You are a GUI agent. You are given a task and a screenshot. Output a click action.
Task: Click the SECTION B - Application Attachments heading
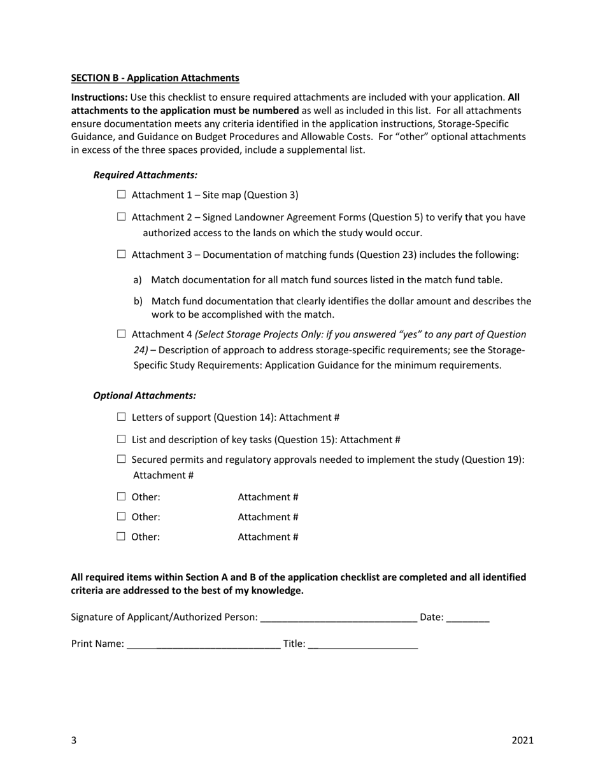click(x=155, y=78)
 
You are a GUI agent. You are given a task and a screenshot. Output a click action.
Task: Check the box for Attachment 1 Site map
click(x=122, y=195)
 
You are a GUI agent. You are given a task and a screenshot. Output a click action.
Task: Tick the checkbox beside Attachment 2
click(x=122, y=217)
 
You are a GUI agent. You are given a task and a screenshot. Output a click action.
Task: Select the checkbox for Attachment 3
click(x=122, y=255)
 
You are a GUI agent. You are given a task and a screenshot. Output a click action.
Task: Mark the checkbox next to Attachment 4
click(x=122, y=334)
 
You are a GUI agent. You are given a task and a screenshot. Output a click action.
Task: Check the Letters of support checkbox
click(x=122, y=417)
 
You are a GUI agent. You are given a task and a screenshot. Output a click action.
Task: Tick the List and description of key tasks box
click(x=122, y=439)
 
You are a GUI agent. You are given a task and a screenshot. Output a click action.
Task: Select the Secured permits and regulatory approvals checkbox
click(x=122, y=460)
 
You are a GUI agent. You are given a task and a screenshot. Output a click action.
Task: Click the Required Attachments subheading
click(x=145, y=174)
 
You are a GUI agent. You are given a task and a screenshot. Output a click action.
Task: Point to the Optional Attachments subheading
click(x=145, y=395)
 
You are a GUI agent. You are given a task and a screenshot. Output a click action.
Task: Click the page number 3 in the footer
click(x=74, y=740)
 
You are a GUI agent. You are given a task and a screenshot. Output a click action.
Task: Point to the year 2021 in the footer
click(x=522, y=740)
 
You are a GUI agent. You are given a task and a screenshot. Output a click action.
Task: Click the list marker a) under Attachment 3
click(x=138, y=279)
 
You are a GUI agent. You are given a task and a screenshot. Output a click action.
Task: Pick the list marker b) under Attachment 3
click(x=138, y=301)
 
